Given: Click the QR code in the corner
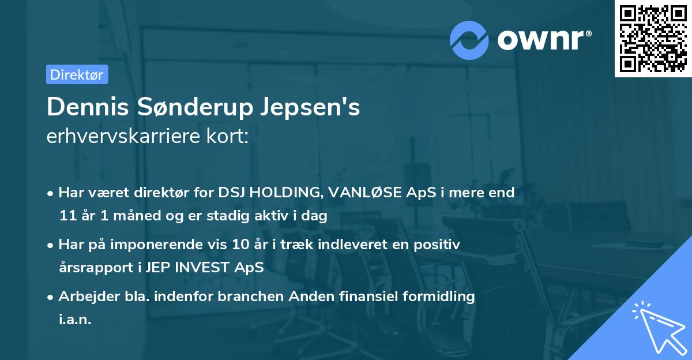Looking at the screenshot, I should coord(653,38).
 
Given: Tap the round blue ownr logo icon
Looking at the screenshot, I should coord(469,40).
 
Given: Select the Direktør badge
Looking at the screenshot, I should coord(77,74).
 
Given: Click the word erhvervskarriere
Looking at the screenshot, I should coord(123,136).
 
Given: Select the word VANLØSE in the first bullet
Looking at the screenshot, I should coord(365,193).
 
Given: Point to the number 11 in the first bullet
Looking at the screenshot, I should coord(67,216).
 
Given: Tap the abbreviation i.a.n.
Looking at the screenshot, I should coord(75,320).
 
